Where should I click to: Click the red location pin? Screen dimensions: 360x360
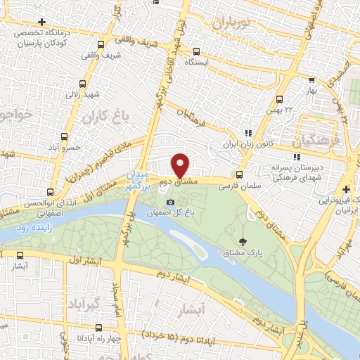pyautogui.click(x=181, y=165)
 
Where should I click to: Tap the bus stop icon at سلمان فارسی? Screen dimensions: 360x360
pyautogui.click(x=240, y=175)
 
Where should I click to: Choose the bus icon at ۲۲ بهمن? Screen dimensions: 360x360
pyautogui.click(x=279, y=99)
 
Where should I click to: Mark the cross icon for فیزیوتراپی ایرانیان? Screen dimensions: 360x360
pyautogui.click(x=345, y=189)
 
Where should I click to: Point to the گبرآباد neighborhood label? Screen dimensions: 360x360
pyautogui.click(x=83, y=304)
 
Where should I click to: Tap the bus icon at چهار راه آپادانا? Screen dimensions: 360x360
pyautogui.click(x=98, y=327)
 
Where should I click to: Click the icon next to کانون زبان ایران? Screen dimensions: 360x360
pyautogui.click(x=247, y=133)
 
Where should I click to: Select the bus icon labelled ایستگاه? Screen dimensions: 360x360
pyautogui.click(x=195, y=51)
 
